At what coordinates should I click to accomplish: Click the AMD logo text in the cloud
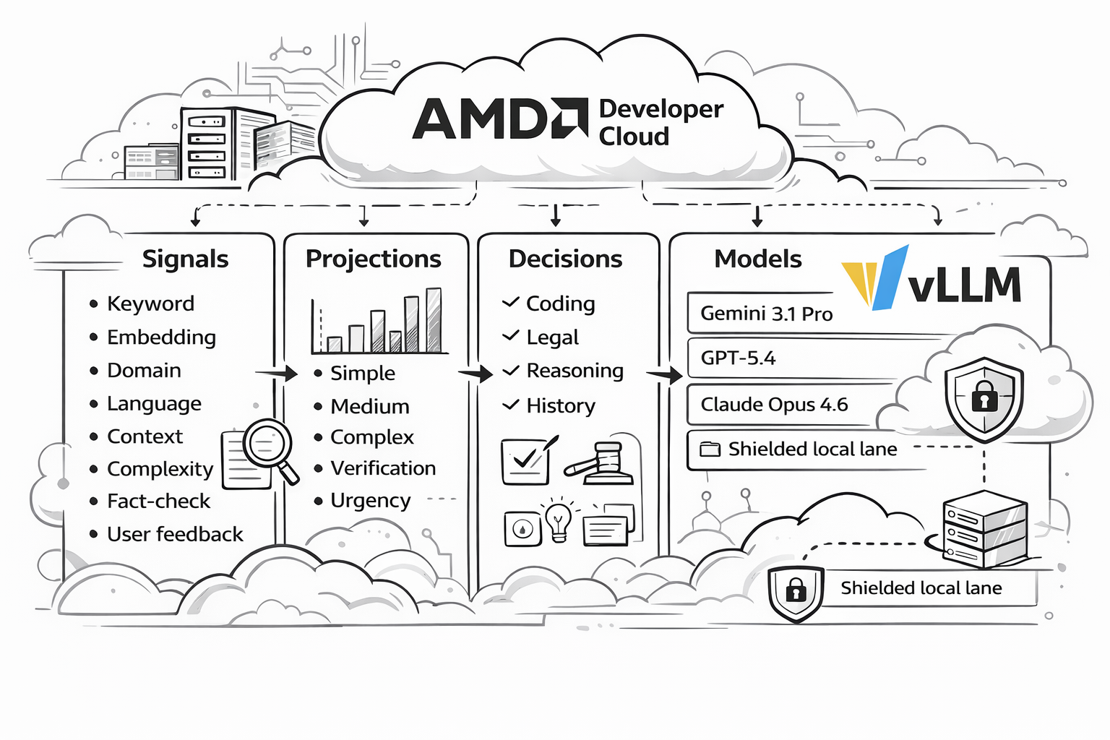pyautogui.click(x=499, y=119)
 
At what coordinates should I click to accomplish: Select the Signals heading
pyautogui.click(x=185, y=259)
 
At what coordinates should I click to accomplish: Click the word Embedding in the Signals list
pyautogui.click(x=161, y=337)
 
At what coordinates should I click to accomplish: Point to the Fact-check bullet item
pyautogui.click(x=158, y=501)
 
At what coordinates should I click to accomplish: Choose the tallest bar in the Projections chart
pyautogui.click(x=434, y=319)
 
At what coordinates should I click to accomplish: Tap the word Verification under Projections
pyautogui.click(x=383, y=468)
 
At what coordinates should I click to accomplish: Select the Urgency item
pyautogui.click(x=370, y=500)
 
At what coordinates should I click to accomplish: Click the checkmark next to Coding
pyautogui.click(x=511, y=302)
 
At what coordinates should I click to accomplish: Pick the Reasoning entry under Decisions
pyautogui.click(x=575, y=371)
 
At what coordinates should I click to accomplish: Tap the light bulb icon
pyautogui.click(x=559, y=519)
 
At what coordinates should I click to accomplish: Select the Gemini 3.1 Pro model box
pyautogui.click(x=766, y=314)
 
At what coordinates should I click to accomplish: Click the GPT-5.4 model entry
pyautogui.click(x=738, y=358)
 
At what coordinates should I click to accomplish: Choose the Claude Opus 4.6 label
pyautogui.click(x=774, y=404)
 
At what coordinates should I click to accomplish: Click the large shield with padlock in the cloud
pyautogui.click(x=984, y=397)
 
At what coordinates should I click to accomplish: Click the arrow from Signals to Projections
pyautogui.click(x=277, y=373)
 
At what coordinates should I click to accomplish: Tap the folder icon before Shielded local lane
pyautogui.click(x=710, y=449)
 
